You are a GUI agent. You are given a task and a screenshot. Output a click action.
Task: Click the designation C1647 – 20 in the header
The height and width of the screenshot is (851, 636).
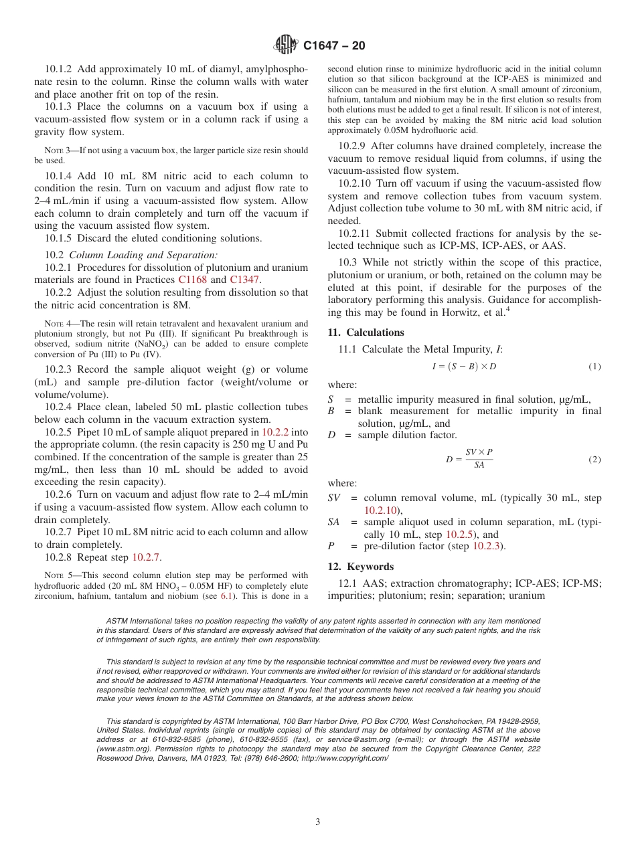(334, 46)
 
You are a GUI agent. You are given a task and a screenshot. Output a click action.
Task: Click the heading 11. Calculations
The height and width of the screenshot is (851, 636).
(366, 333)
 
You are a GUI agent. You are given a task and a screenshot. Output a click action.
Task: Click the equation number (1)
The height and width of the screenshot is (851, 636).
(594, 367)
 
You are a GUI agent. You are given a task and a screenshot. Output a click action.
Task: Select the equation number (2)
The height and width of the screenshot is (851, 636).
(594, 460)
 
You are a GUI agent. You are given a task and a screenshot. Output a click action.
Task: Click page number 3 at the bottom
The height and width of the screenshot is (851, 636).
(318, 822)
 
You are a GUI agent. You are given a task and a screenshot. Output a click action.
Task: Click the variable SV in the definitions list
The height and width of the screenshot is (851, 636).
(333, 498)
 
